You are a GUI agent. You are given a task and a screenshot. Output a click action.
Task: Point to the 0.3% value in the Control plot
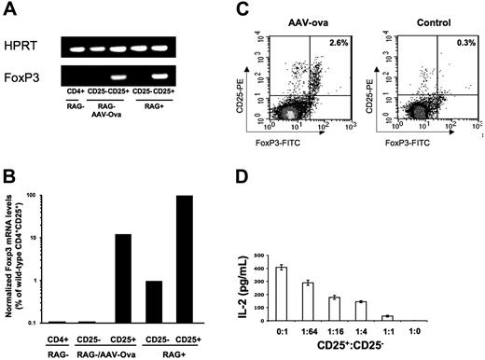tap(466, 43)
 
